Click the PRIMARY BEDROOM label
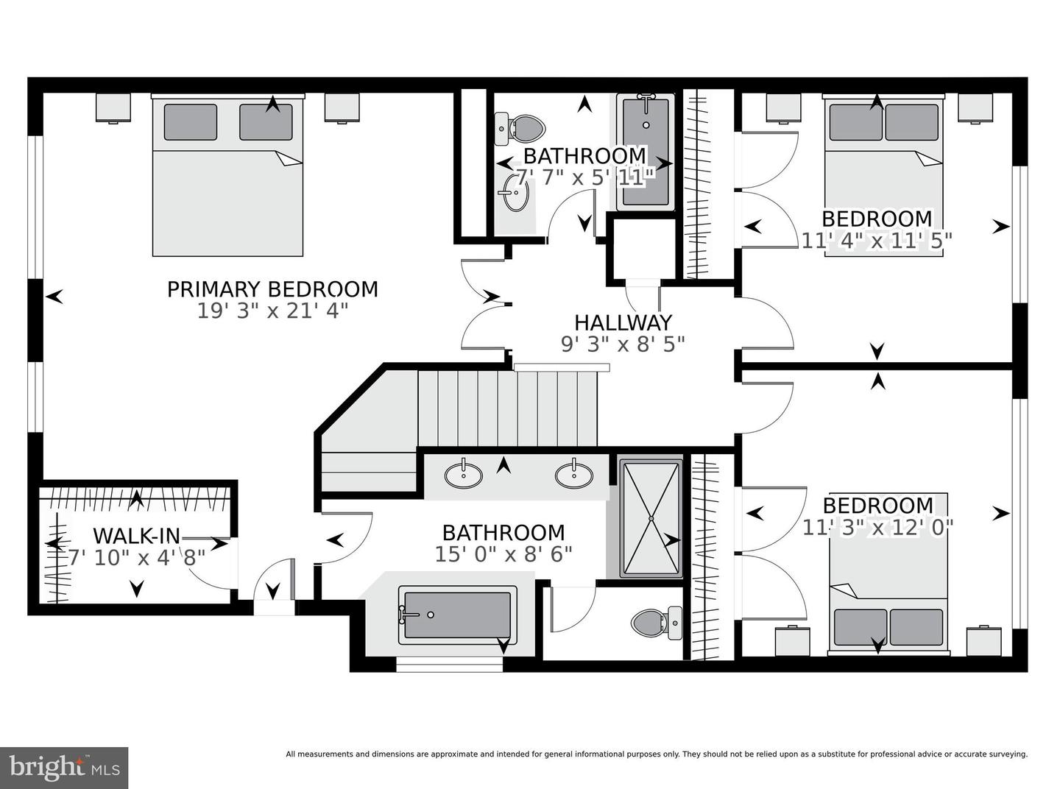tap(272, 289)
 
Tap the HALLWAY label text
tap(623, 322)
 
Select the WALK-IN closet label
tap(136, 536)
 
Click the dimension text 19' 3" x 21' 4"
tap(272, 311)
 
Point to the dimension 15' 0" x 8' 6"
tap(504, 554)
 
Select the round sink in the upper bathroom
tap(513, 194)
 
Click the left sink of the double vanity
tap(464, 475)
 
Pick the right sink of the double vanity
tap(574, 475)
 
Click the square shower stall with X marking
tap(651, 518)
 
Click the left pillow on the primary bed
tap(191, 122)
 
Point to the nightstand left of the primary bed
tap(113, 107)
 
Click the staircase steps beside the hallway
tap(508, 408)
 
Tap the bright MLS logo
tap(64, 768)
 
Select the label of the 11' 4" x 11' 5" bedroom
tap(877, 219)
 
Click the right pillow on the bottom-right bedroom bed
tap(916, 627)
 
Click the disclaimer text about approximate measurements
tap(656, 754)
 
